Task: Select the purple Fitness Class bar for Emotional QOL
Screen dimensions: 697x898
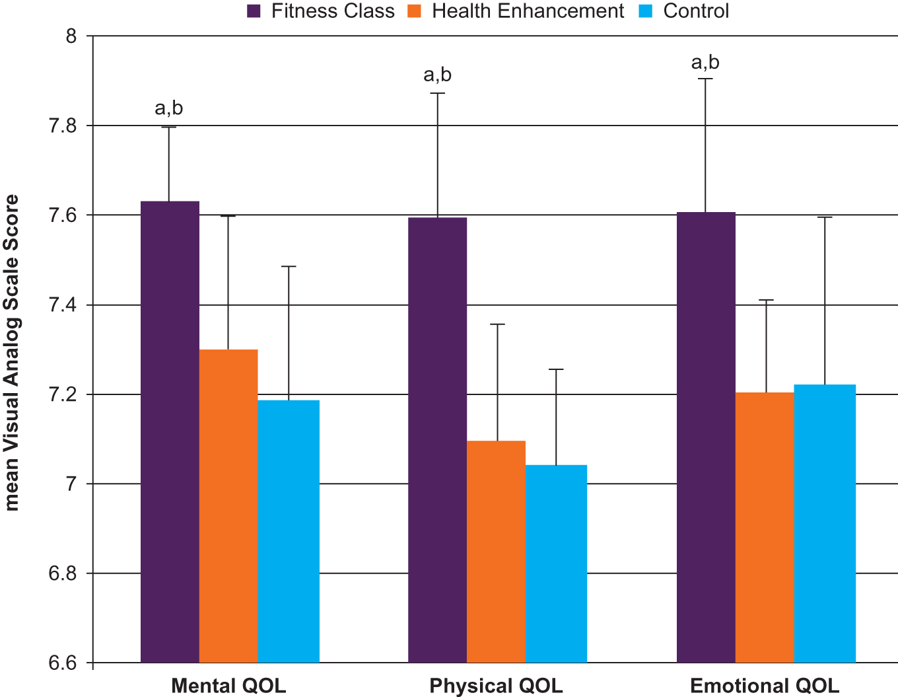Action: pyautogui.click(x=706, y=437)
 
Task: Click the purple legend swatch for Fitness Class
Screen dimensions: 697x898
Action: pyautogui.click(x=254, y=11)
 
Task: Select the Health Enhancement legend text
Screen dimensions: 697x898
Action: pyautogui.click(x=528, y=11)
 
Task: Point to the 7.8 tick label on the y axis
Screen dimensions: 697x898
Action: pyautogui.click(x=63, y=126)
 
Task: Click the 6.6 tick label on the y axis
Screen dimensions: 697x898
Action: pyautogui.click(x=63, y=663)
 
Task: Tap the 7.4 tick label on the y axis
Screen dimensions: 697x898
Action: pyautogui.click(x=63, y=305)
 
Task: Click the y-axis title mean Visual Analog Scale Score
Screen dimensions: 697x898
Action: pyautogui.click(x=12, y=353)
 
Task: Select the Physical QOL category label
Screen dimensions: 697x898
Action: pyautogui.click(x=496, y=686)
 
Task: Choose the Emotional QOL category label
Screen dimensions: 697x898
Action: pyautogui.click(x=765, y=686)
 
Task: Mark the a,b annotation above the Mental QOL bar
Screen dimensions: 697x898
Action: pyautogui.click(x=169, y=108)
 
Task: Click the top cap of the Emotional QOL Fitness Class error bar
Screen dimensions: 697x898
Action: pyautogui.click(x=705, y=79)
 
